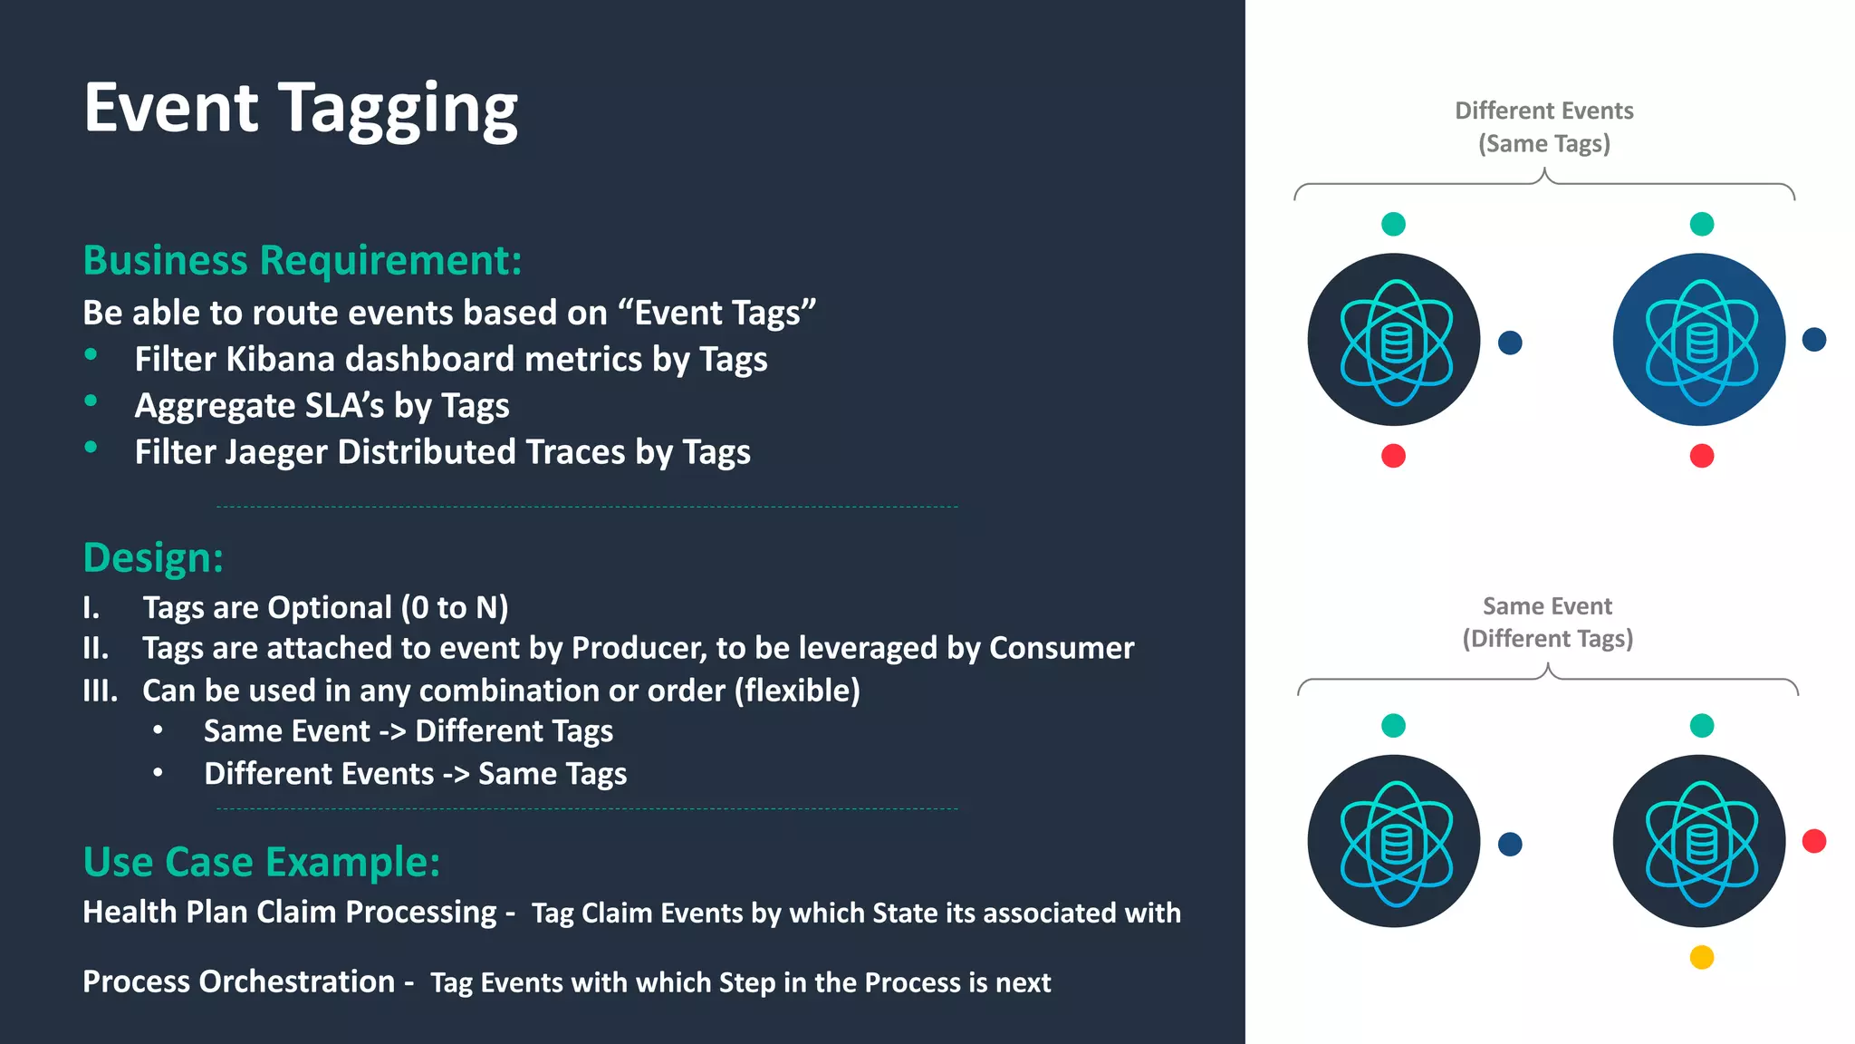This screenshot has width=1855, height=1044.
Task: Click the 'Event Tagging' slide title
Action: coord(301,109)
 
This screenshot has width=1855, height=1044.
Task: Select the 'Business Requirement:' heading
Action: coord(303,261)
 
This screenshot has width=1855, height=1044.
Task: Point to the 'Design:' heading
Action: coord(153,558)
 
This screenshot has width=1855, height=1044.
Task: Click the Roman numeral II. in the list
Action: coord(96,649)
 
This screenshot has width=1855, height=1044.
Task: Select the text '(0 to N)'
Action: coord(455,607)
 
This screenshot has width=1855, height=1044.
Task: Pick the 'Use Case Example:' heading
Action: coord(262,862)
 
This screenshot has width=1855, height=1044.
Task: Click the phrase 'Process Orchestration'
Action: coord(238,982)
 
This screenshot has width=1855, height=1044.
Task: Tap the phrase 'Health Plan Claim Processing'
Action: coord(290,913)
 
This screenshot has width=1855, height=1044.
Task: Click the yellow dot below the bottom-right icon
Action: coord(1702,958)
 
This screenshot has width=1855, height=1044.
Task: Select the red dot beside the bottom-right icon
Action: coord(1814,842)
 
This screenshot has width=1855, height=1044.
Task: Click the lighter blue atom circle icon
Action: coord(1699,341)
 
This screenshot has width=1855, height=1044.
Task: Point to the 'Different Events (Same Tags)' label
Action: coord(1544,127)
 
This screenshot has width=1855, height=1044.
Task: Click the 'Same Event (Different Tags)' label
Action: coord(1547,623)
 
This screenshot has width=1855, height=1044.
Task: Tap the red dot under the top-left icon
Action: coord(1393,456)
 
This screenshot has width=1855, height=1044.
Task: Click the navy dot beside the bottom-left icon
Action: coord(1510,845)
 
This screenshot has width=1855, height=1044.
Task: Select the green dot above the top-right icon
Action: coord(1702,224)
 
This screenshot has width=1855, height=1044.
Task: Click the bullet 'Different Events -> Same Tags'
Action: coord(415,775)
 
